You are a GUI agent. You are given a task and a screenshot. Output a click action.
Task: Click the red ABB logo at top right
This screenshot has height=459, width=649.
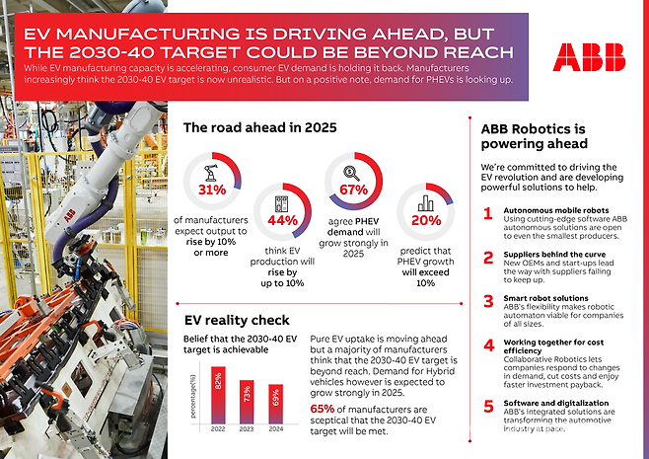590,56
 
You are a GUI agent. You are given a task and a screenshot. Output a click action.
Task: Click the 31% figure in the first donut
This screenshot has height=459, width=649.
211,190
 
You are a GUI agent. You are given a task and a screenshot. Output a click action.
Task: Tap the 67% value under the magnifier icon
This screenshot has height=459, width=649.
352,190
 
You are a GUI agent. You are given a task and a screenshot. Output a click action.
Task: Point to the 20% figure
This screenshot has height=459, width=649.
426,221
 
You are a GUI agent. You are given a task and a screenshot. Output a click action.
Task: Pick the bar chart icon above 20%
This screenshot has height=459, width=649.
426,202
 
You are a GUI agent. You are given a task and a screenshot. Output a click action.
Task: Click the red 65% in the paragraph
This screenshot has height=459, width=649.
322,409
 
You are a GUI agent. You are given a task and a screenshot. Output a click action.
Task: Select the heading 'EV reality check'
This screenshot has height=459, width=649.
237,320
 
